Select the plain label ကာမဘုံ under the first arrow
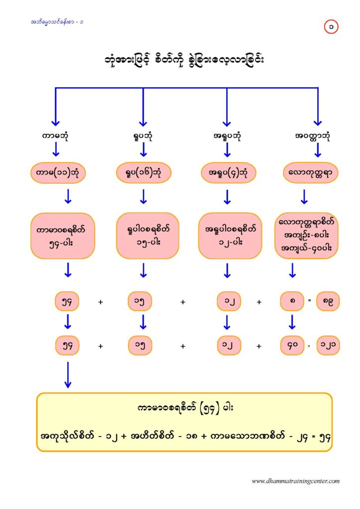55,135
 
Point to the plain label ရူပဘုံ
143,135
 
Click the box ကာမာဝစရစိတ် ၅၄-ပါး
63,236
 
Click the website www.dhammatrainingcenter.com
296,481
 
